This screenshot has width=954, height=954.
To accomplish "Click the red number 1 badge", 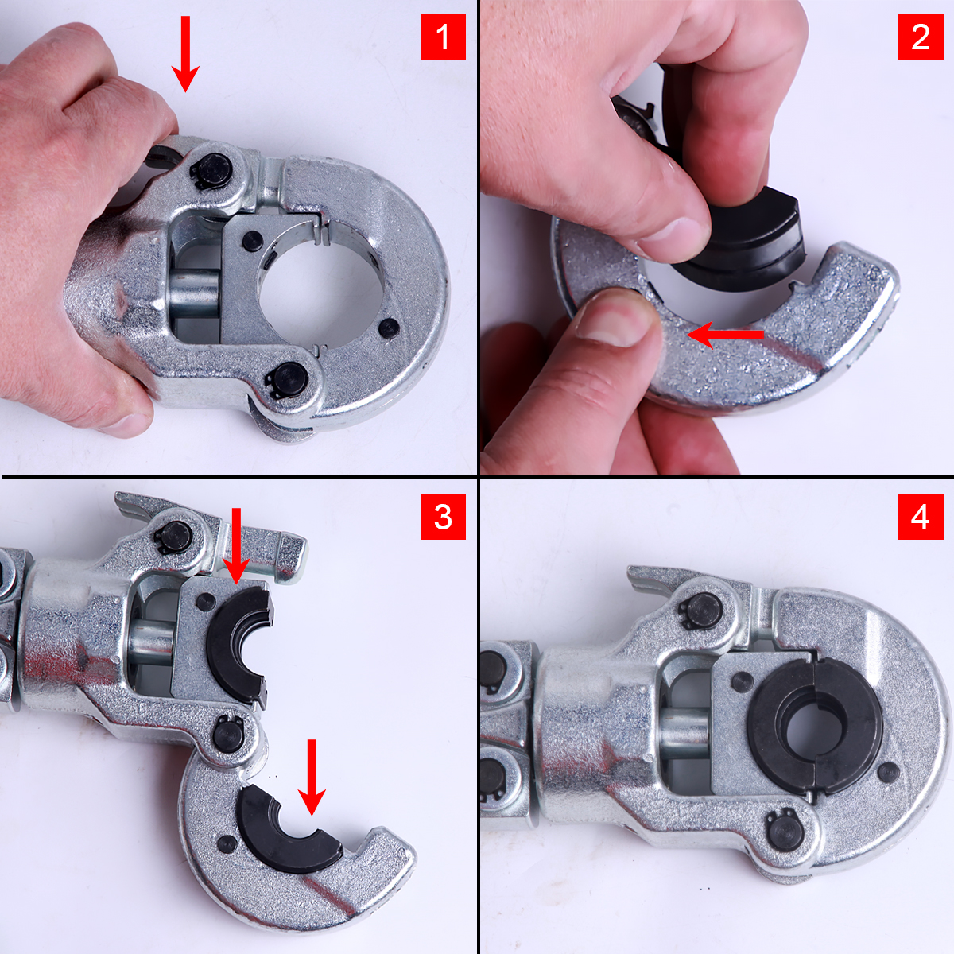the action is tap(443, 37).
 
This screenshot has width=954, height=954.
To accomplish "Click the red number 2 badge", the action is tap(921, 37).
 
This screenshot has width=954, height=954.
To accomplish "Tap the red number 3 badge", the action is tap(443, 517).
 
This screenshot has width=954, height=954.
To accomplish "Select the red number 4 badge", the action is tap(921, 517).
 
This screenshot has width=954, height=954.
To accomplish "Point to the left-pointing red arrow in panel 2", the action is tap(725, 335).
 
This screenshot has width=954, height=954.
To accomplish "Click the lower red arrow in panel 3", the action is tap(312, 778).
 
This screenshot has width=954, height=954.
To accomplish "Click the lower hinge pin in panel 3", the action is tap(227, 735).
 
